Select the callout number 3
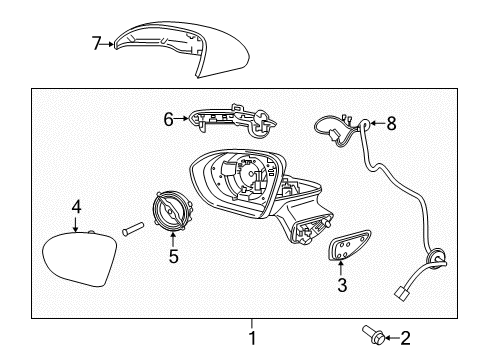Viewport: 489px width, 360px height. [342, 286]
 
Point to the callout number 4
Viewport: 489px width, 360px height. [75, 207]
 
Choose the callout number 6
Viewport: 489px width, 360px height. [169, 118]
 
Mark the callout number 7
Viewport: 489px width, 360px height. [96, 43]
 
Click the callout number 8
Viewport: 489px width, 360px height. [391, 124]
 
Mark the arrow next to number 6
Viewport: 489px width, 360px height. [181, 118]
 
